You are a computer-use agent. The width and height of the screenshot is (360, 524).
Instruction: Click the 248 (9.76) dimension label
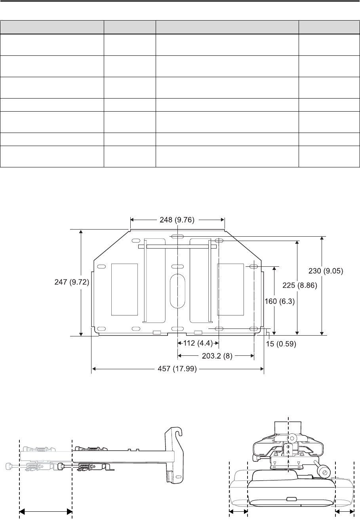point(177,220)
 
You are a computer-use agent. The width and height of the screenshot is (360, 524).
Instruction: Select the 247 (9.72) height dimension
point(72,282)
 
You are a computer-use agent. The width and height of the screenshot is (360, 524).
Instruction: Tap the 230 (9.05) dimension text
point(326,271)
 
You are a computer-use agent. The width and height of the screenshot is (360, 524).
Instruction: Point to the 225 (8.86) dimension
point(300,285)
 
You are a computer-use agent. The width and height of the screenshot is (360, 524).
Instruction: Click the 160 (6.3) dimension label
point(280,301)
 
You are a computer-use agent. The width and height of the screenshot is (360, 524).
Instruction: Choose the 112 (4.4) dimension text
point(198,343)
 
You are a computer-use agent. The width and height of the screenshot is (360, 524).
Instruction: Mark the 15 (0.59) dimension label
point(281,344)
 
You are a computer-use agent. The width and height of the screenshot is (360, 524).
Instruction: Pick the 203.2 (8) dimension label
point(217,356)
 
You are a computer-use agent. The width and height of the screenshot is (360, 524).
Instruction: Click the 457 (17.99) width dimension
point(177,369)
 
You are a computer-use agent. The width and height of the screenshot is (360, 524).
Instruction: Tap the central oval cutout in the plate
point(178,291)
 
